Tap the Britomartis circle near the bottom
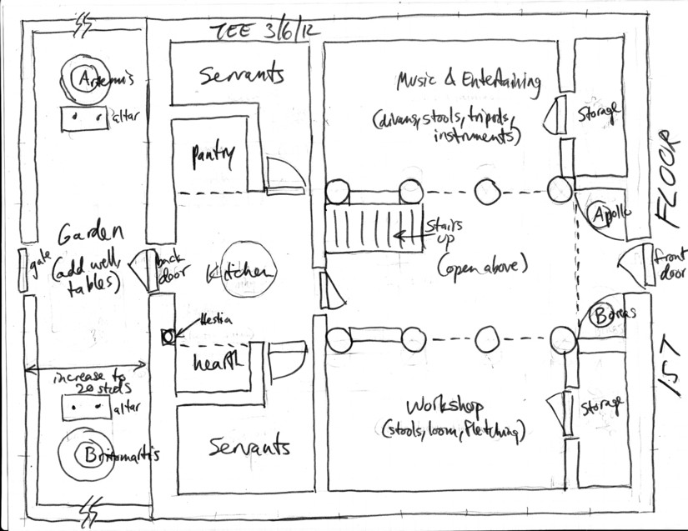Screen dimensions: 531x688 86,456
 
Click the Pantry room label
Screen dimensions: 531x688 213,154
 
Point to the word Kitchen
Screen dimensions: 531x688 239,273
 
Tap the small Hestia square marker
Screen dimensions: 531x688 167,336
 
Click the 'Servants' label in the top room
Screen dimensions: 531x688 242,76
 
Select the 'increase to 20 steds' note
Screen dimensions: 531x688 87,383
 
